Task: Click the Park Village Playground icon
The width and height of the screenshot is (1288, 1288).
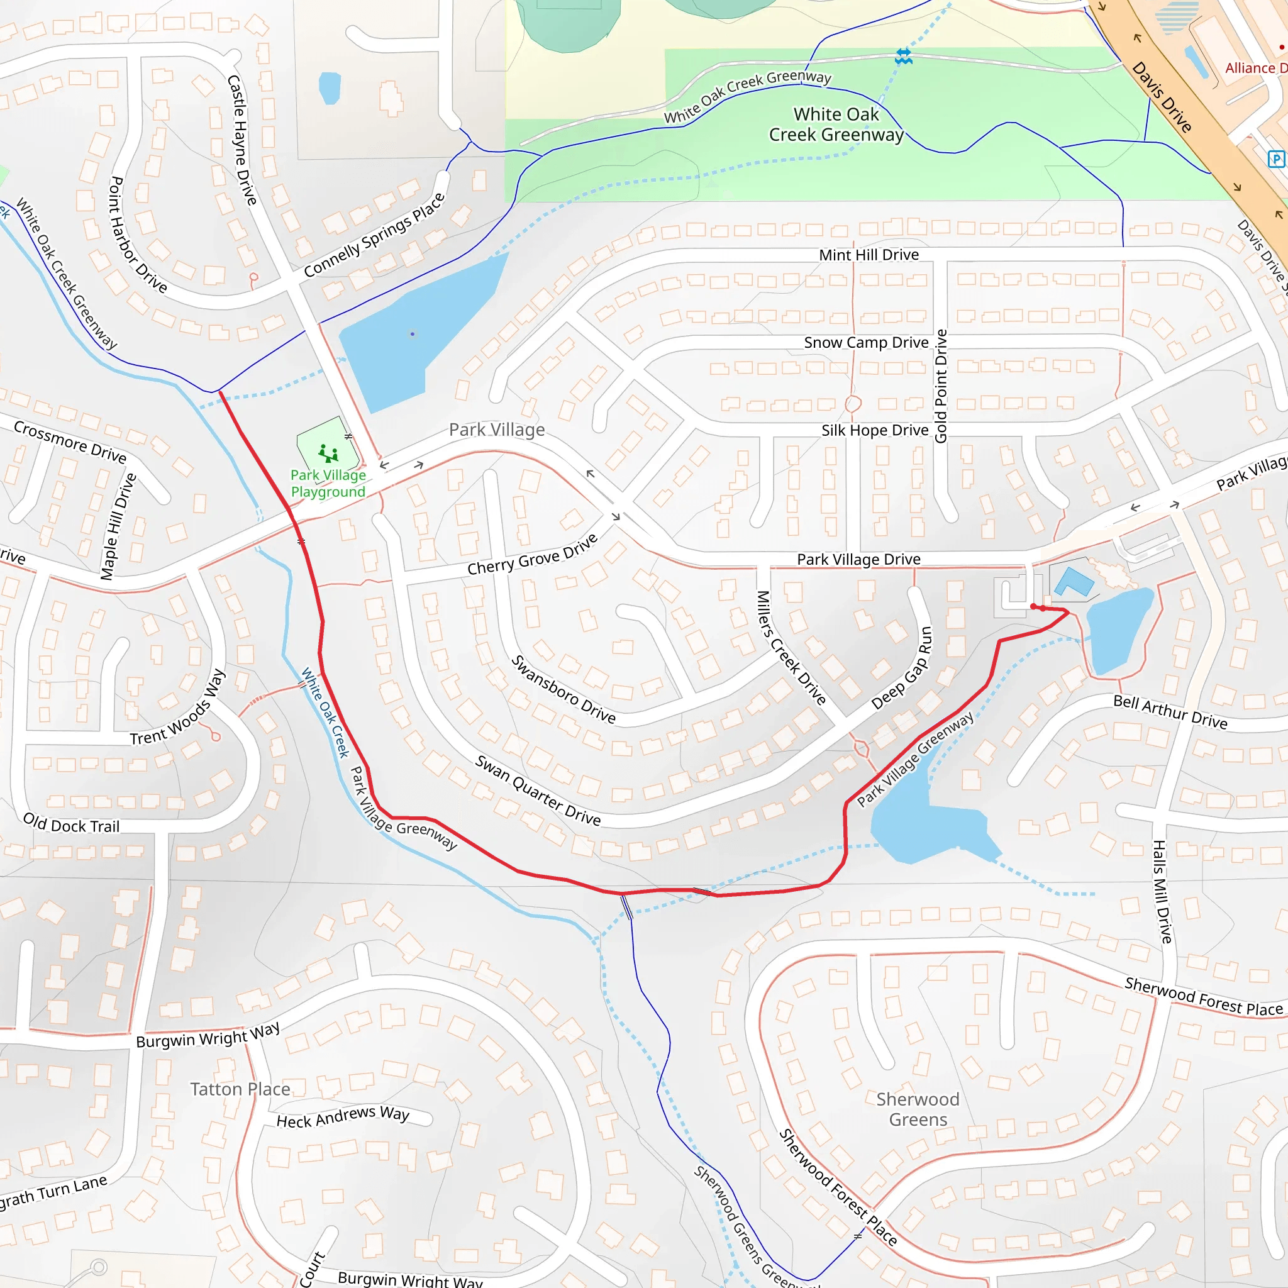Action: (328, 454)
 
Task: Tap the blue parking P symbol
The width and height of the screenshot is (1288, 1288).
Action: (1275, 158)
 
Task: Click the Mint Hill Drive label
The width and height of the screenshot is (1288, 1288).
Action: (869, 255)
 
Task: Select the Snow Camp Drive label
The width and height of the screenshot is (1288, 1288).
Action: (866, 343)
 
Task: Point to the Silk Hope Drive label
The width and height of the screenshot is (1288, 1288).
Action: (875, 431)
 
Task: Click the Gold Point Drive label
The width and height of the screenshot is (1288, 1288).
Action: (941, 386)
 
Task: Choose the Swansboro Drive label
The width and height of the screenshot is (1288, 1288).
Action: (563, 689)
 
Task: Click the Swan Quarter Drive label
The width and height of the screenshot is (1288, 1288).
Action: (537, 791)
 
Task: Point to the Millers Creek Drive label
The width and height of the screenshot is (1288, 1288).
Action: (791, 647)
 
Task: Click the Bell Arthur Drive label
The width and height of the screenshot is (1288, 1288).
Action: (1170, 711)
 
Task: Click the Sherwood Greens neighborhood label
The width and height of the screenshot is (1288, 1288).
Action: (918, 1109)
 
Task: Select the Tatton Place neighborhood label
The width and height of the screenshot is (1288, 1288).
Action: (240, 1089)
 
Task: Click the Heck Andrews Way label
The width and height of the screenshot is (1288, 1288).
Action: (343, 1117)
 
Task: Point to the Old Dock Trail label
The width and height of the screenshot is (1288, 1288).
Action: (71, 823)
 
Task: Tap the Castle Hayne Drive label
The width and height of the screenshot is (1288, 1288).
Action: (241, 140)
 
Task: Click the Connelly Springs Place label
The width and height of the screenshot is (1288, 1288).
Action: (374, 235)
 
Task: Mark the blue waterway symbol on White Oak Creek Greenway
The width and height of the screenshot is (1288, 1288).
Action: (903, 56)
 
